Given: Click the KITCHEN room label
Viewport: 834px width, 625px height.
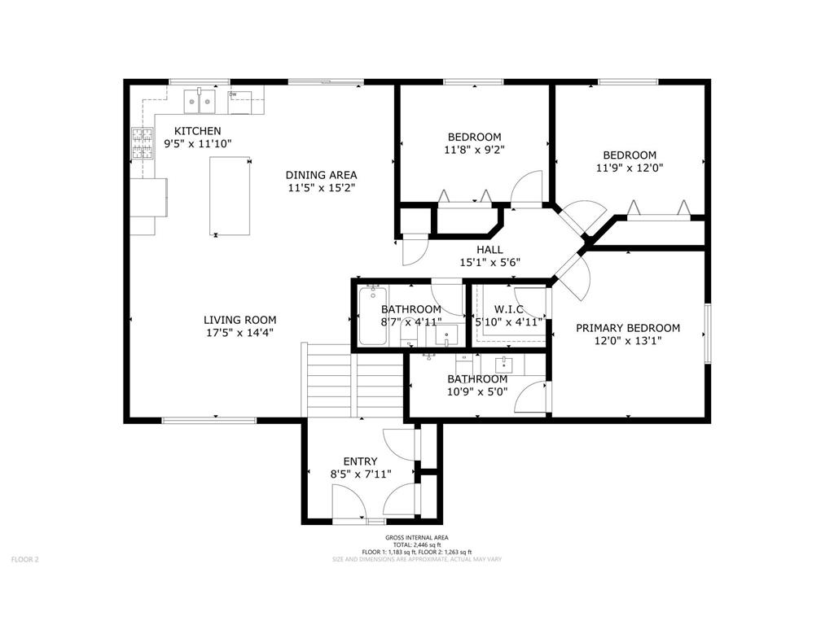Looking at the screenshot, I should pos(198,131).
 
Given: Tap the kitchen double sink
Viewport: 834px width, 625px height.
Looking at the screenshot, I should pos(200,102).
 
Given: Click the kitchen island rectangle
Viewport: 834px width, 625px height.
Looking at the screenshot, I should pos(229,195).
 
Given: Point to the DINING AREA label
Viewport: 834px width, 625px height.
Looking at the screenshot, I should pos(321,175).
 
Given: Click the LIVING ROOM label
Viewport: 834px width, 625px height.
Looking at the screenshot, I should pos(239,320).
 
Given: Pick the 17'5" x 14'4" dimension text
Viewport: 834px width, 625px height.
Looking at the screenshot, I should pos(239,333).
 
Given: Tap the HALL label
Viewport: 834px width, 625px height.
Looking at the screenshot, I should pos(489,250).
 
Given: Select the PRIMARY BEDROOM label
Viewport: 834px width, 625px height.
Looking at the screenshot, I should pos(627,328).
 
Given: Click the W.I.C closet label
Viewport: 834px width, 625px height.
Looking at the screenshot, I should pos(509,309).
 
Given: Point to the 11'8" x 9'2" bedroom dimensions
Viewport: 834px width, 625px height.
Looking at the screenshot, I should pos(474,150).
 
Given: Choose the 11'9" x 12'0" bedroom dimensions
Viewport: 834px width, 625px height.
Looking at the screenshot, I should pos(629,168).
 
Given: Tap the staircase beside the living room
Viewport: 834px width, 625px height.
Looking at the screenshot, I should pos(354,382).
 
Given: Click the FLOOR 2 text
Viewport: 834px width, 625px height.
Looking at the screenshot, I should pos(24,559).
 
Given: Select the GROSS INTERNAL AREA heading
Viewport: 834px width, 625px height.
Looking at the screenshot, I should pos(416,538).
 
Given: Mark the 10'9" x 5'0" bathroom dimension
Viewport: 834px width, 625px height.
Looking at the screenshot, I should pos(477,392).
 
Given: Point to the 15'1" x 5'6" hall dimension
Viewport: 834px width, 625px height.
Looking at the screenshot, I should pos(489,263).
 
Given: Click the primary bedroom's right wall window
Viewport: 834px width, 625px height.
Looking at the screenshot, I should pos(708,334).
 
